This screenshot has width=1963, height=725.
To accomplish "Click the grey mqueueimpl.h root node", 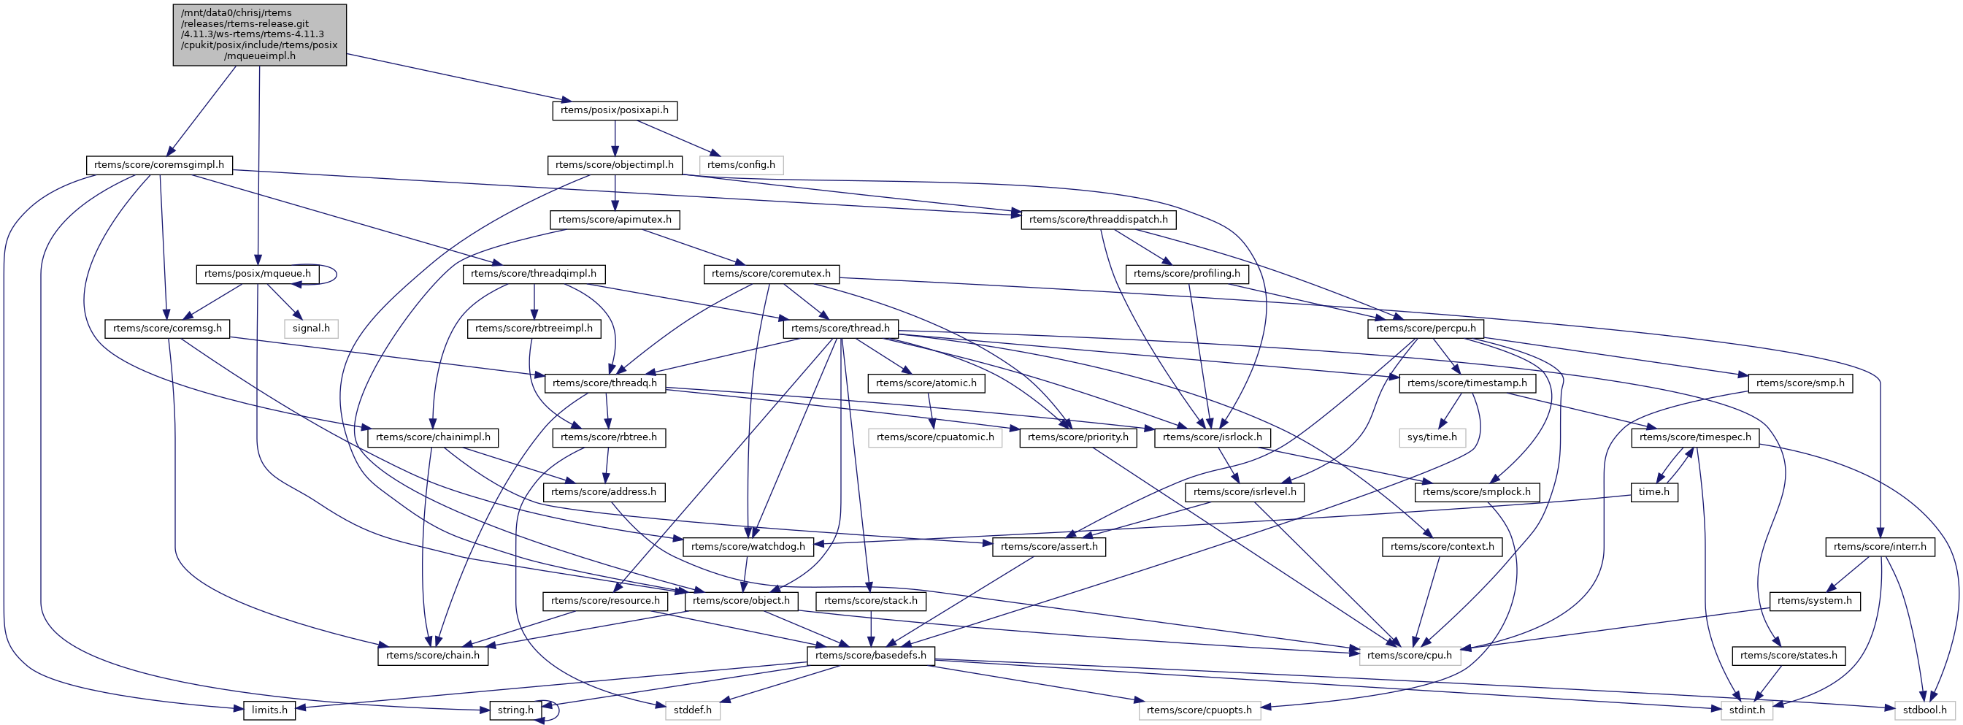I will [259, 34].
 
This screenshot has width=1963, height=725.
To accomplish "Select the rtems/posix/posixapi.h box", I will [614, 110].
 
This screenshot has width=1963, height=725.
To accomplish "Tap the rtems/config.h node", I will [741, 165].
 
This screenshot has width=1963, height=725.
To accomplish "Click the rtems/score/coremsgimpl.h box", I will [158, 165].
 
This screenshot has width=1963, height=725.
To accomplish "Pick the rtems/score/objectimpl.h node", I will [614, 165].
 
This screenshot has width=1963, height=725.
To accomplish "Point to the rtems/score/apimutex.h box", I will [614, 220].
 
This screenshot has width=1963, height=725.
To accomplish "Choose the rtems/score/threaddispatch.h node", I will [1098, 220].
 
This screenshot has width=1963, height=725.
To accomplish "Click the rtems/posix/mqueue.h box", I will [258, 274].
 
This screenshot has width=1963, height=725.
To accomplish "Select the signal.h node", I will [311, 329].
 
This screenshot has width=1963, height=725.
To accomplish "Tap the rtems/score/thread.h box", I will [840, 329].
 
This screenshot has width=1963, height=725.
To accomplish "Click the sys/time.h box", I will [1432, 437].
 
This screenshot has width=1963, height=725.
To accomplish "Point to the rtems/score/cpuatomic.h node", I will [935, 437].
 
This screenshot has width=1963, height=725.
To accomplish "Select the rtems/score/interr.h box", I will [1879, 547].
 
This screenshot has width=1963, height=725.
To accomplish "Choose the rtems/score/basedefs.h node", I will [870, 656].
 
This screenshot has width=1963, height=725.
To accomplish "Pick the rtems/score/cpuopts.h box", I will [1199, 710].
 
